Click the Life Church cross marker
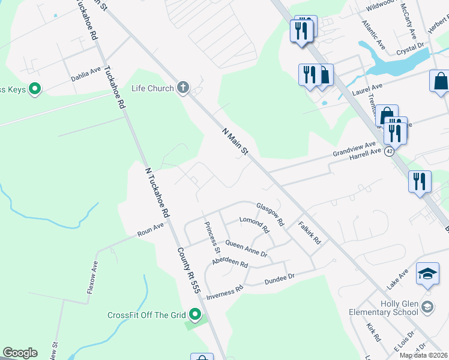(183, 88)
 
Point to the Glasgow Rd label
(270, 214)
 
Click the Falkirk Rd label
(310, 233)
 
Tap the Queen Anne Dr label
(246, 248)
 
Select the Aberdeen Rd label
(230, 263)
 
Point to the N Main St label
(235, 142)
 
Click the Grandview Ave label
(354, 148)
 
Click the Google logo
(20, 353)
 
